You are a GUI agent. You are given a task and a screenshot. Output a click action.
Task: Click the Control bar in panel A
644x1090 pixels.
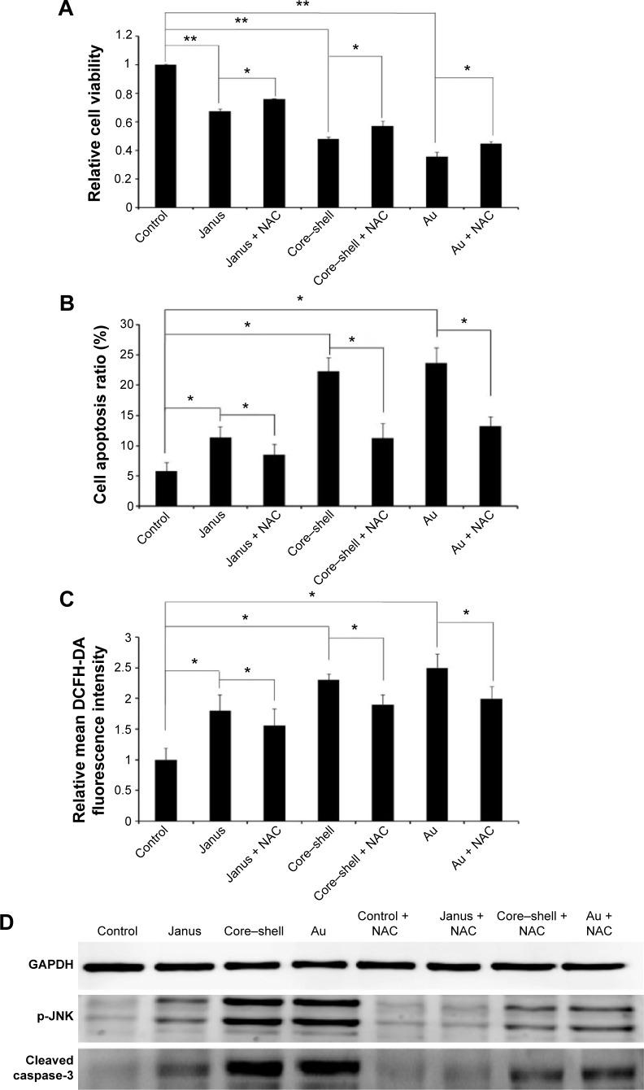click(x=165, y=136)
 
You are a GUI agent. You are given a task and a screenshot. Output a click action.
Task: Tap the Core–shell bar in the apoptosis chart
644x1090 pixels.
click(x=329, y=438)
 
